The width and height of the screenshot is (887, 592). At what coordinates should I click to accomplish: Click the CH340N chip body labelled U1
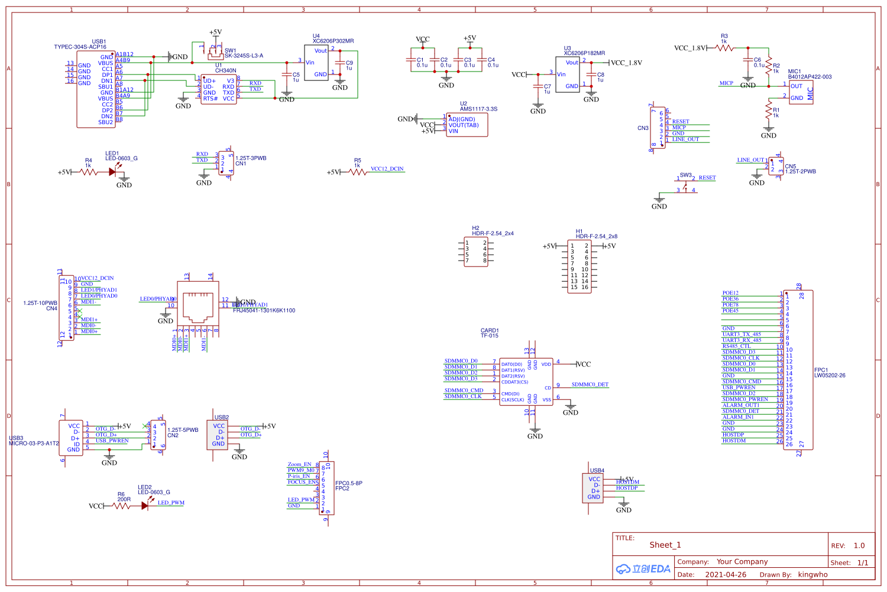219,89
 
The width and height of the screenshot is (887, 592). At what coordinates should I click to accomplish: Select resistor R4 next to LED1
89,172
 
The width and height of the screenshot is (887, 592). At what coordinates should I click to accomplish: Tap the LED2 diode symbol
145,506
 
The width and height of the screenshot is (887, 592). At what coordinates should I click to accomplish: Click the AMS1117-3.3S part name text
478,109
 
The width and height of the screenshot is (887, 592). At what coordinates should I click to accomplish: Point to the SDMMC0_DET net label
590,385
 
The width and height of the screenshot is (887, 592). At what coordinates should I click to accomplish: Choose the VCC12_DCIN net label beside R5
387,169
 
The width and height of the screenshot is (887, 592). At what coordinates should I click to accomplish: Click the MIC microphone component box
801,92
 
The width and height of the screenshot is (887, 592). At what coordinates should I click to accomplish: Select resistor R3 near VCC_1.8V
724,48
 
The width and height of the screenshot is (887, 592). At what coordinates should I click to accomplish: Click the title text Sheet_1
665,545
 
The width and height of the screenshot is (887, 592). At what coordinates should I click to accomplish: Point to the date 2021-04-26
726,574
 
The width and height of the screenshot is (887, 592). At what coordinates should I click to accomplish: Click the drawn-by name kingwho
812,574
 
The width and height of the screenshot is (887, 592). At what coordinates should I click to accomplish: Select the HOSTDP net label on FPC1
733,435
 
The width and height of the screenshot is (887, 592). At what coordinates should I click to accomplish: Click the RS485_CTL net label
736,346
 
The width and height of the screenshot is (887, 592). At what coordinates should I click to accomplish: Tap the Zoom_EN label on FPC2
299,464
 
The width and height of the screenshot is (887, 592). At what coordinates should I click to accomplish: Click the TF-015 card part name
490,336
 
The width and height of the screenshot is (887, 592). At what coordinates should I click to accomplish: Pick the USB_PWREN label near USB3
112,441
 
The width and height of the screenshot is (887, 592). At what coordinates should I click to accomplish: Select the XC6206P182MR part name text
584,53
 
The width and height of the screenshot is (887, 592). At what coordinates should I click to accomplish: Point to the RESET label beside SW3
707,178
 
